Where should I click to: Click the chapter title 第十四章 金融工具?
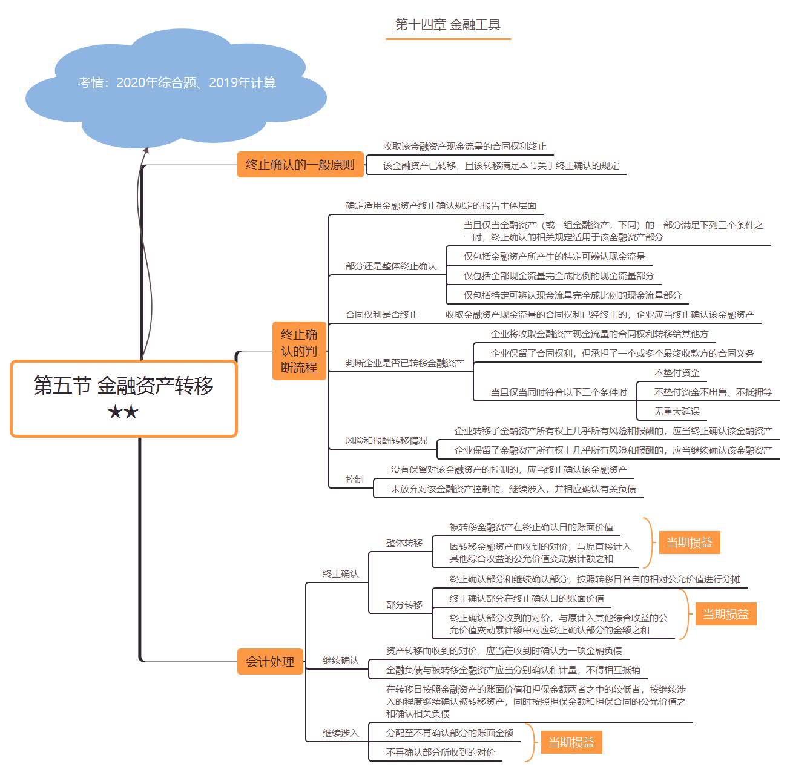[448, 25]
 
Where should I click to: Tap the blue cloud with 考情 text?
[177, 83]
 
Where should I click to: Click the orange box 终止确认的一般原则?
[300, 165]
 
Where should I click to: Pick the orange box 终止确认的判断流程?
[299, 351]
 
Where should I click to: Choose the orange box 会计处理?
[270, 662]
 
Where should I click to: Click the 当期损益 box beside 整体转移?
[689, 543]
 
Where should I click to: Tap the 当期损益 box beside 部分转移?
[725, 614]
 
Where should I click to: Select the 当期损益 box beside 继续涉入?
[571, 742]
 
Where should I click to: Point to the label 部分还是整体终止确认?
[390, 266]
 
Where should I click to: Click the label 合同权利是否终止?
[381, 315]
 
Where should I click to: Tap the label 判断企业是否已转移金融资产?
[404, 363]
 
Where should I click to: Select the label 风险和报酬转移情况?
[386, 441]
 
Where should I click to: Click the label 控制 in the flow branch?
[355, 480]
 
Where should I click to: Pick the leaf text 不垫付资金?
[677, 373]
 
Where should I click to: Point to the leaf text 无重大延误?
[677, 412]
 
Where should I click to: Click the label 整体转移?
[404, 543]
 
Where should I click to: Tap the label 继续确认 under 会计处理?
[340, 661]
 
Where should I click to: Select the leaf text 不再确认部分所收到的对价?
[440, 753]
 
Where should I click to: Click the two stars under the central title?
[123, 413]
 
